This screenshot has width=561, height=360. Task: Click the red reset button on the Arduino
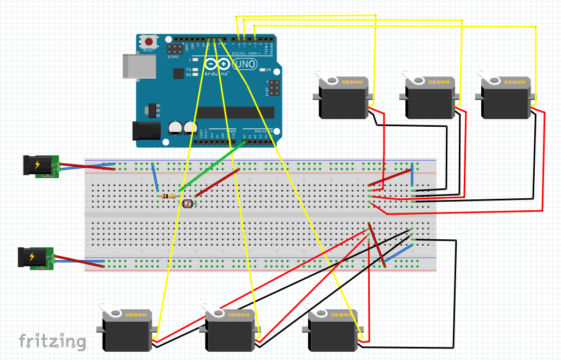click(x=149, y=42)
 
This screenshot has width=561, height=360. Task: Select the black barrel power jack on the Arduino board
click(x=145, y=131)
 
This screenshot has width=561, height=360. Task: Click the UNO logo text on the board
click(x=244, y=64)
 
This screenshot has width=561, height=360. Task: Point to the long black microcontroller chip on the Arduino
click(x=235, y=112)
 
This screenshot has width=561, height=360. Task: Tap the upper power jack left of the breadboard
click(x=39, y=166)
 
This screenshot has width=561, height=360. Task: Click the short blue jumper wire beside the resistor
click(x=155, y=176)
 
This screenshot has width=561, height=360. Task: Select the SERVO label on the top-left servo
click(x=352, y=82)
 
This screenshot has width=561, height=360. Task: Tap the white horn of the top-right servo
click(x=492, y=80)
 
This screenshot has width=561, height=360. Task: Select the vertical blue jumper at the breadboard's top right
click(x=412, y=174)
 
